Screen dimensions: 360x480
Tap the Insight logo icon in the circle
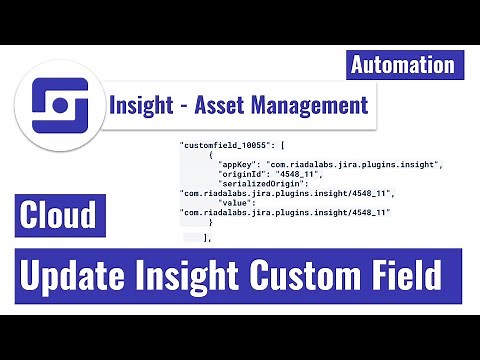52,104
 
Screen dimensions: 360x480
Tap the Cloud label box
62,215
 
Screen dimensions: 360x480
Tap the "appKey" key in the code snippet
239,164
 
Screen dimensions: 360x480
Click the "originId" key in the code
245,173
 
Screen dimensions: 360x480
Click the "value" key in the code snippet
240,202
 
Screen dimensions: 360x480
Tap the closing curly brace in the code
211,221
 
